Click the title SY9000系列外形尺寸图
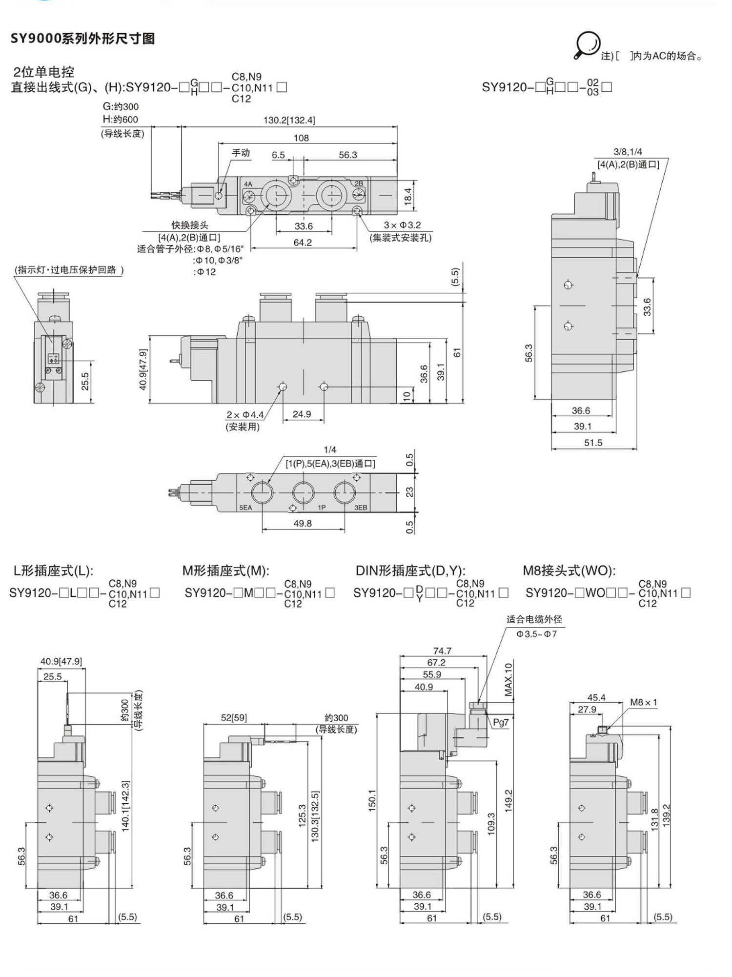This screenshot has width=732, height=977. (x=82, y=39)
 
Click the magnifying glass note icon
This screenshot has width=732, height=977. (x=587, y=45)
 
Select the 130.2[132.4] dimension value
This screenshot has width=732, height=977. (x=289, y=120)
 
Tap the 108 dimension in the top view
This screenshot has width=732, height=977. (x=301, y=138)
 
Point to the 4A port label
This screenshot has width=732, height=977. (x=248, y=184)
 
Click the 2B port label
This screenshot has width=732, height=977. (x=359, y=183)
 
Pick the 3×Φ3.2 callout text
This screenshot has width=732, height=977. (x=402, y=225)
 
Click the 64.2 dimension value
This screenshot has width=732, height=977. (x=303, y=243)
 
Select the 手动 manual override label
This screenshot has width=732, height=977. (x=241, y=153)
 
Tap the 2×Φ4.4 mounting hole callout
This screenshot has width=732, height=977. (x=244, y=415)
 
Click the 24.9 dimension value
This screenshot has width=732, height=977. (x=302, y=414)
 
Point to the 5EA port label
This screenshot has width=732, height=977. (x=245, y=508)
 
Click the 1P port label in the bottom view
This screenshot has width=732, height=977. (x=322, y=508)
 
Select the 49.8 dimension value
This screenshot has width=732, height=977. (x=303, y=523)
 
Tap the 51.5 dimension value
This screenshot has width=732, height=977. (x=593, y=443)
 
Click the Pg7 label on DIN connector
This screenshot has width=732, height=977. (x=501, y=722)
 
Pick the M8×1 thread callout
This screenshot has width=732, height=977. (x=643, y=702)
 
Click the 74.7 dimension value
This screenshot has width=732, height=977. (x=442, y=651)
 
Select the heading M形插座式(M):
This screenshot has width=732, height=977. (x=225, y=570)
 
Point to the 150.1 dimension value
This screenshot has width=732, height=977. (x=372, y=800)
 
